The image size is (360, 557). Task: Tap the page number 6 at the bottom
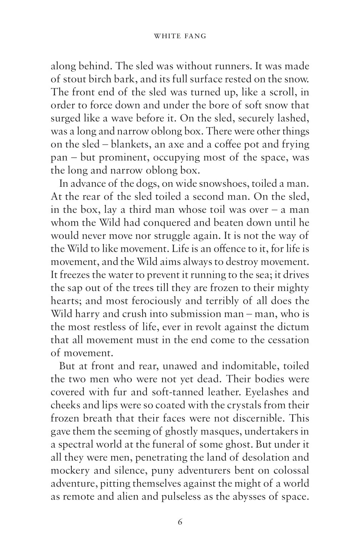pos(180,522)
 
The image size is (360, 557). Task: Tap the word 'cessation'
pos(285,340)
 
